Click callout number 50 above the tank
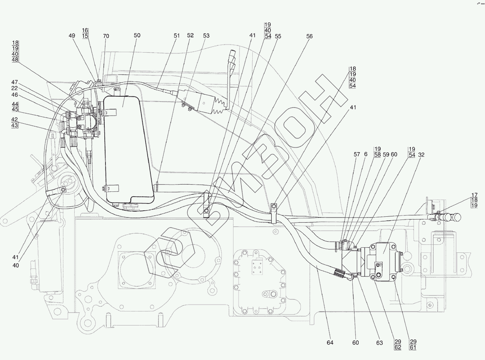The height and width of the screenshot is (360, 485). (137, 35)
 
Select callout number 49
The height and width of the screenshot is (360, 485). (72, 36)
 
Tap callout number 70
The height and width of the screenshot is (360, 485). (106, 36)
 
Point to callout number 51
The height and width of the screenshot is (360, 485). (177, 36)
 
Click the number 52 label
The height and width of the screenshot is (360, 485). (190, 35)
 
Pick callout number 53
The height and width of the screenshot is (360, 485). (206, 36)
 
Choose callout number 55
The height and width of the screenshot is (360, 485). (278, 37)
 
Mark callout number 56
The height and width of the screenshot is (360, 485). (309, 37)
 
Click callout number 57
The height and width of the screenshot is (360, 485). (357, 155)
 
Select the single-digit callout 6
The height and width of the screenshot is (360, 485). (365, 154)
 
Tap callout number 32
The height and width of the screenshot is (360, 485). (421, 155)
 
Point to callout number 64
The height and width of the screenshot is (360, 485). (330, 343)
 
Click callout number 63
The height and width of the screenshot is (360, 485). (379, 343)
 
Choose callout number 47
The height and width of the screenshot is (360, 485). (15, 82)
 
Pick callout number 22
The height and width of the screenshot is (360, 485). (15, 88)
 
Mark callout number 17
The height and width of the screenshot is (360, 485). (475, 195)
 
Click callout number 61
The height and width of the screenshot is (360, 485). (413, 347)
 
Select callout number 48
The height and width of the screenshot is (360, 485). (15, 59)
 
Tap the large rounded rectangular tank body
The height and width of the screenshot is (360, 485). (129, 150)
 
